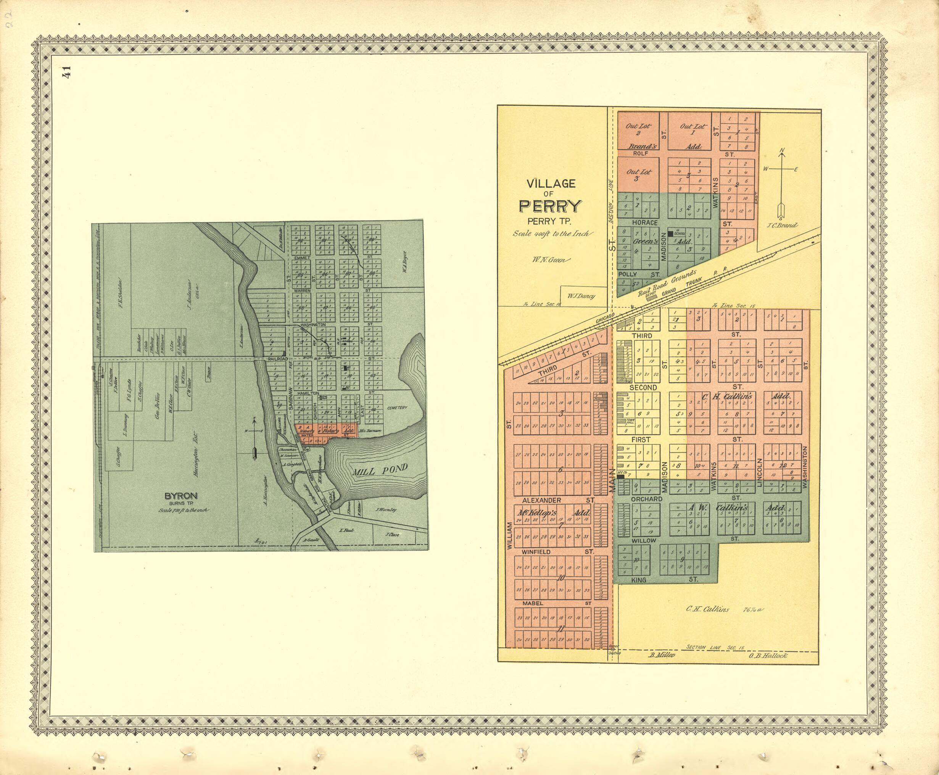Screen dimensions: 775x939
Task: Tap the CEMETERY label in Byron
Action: [x=397, y=408]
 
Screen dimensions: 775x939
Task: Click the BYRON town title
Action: [x=181, y=496]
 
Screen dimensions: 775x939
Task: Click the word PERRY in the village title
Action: [x=550, y=206]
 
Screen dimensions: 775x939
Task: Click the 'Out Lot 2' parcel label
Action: [x=639, y=129]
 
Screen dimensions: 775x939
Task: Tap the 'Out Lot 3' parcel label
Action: [x=639, y=174]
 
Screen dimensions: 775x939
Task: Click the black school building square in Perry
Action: [x=670, y=234]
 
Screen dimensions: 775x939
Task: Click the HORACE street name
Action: [x=644, y=222]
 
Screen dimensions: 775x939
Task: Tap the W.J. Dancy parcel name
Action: [x=581, y=295]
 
